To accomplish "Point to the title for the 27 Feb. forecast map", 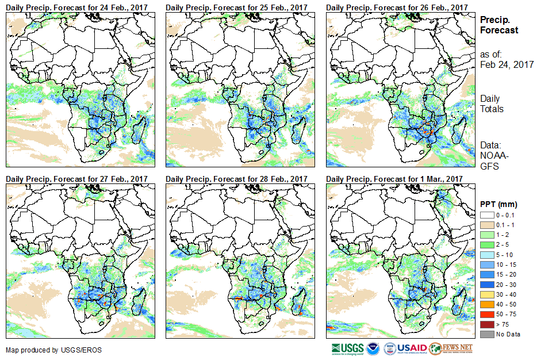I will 76,179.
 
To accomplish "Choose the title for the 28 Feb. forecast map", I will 236,179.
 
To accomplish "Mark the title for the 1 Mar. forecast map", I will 394,179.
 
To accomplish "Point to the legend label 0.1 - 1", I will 505,225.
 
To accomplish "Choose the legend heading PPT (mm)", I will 499,204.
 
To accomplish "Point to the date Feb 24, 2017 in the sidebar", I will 507,65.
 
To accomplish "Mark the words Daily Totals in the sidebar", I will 492,104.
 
